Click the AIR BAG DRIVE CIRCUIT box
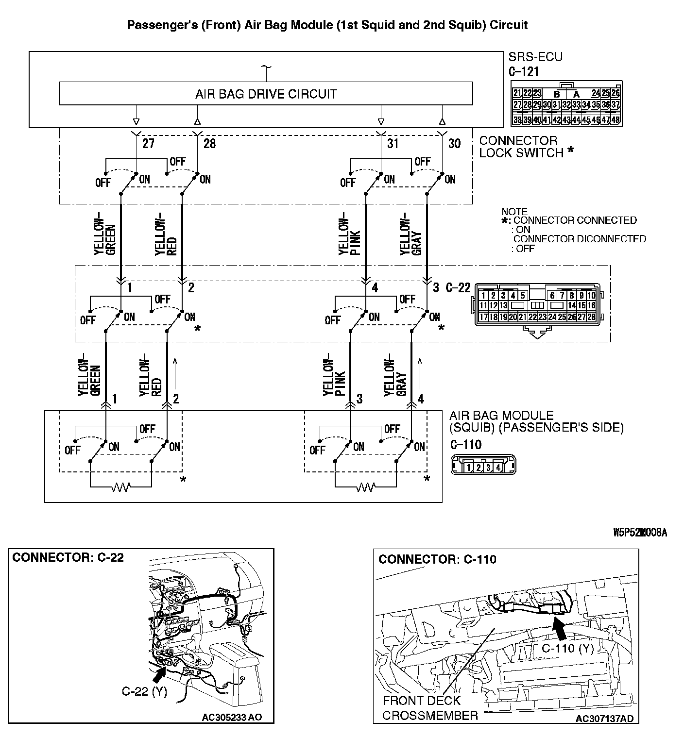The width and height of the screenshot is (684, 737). click(x=266, y=94)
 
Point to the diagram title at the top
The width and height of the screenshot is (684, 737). click(x=327, y=25)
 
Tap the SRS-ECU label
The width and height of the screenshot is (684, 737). click(x=535, y=57)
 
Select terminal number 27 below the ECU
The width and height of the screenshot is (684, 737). click(x=148, y=144)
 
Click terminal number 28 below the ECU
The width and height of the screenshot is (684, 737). click(x=209, y=144)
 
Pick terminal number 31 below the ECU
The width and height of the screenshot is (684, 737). click(x=393, y=144)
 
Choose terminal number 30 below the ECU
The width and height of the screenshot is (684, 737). click(x=454, y=144)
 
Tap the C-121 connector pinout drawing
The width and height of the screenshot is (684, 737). click(x=566, y=104)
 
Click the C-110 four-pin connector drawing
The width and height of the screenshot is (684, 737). click(x=483, y=465)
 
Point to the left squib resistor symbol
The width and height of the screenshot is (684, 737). click(x=120, y=486)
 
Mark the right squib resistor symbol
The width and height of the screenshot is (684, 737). click(x=365, y=486)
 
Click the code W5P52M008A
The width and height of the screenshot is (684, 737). click(x=640, y=533)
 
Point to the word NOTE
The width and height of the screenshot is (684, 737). click(x=514, y=212)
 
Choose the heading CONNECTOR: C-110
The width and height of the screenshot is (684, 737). click(x=437, y=560)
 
